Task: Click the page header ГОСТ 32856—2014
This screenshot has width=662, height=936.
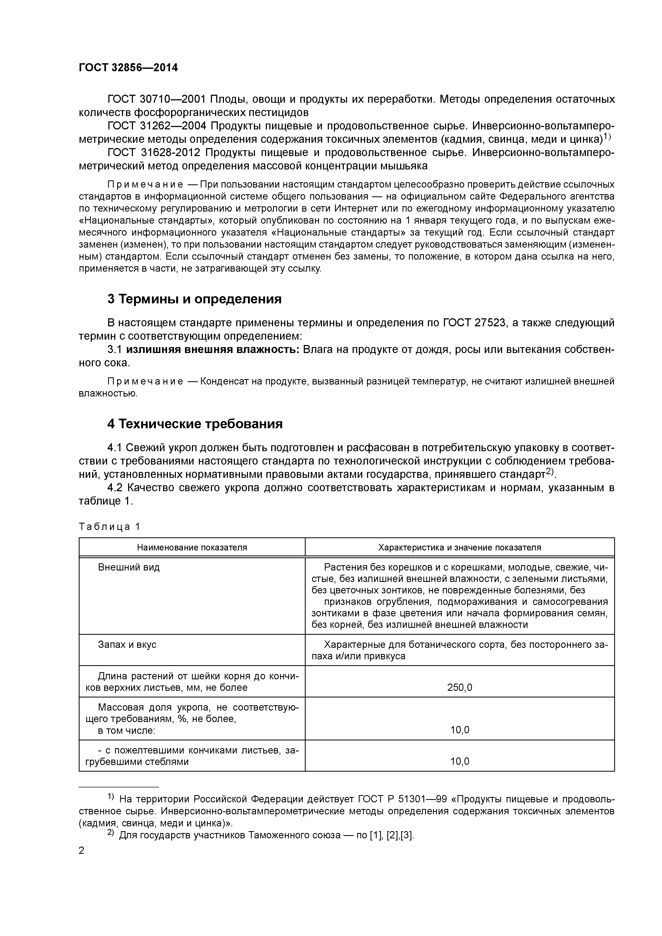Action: [128, 68]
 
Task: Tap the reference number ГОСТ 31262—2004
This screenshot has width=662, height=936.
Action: [157, 126]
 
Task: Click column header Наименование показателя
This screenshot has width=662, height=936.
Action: [192, 547]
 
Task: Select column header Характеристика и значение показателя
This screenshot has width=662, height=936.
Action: [460, 547]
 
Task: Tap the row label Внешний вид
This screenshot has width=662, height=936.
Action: [129, 567]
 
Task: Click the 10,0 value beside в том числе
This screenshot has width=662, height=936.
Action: [460, 730]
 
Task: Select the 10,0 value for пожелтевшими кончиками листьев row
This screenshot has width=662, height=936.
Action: [460, 761]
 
